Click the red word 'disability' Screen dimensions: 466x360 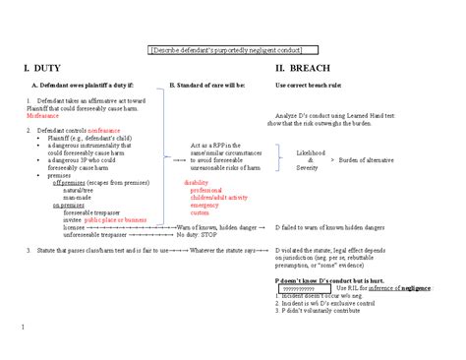197,183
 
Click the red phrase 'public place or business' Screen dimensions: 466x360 116,220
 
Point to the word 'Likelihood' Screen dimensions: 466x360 313,153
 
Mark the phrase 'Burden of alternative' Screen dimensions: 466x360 373,160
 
